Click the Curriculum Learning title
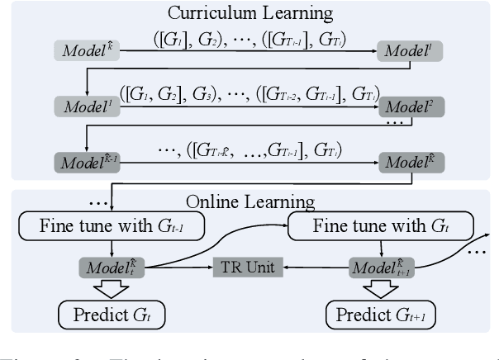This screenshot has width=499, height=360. (249, 15)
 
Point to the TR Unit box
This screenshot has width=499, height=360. (248, 268)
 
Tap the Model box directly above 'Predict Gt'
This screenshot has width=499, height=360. (112, 268)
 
